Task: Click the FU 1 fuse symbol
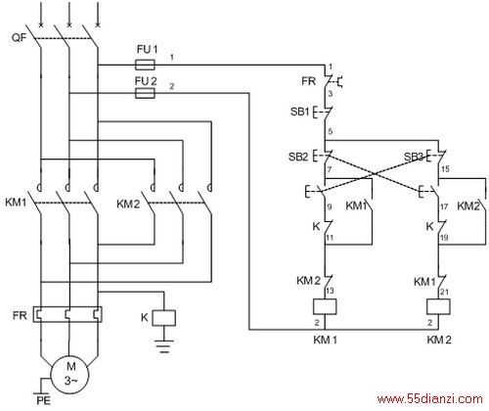145,65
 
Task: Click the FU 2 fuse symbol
145,94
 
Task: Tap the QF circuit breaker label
19,38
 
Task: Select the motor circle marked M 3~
70,374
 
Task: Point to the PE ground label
43,400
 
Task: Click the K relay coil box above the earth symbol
164,318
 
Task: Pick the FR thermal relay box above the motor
67,314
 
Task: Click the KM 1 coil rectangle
325,306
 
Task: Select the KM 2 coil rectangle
438,306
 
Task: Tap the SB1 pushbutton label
299,112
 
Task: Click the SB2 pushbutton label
298,157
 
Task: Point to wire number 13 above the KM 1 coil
330,291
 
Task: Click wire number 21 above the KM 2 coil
445,292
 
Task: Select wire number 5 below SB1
331,132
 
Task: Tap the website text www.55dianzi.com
430,399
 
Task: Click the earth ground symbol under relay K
164,346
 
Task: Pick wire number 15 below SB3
445,169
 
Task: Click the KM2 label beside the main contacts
128,205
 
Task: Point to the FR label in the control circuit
308,81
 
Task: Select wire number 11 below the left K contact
330,238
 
